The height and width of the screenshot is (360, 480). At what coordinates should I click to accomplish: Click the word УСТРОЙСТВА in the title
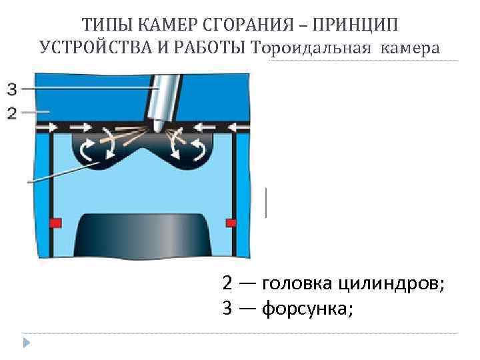(x=100, y=48)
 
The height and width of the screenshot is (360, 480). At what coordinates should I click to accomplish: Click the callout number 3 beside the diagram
(x=12, y=87)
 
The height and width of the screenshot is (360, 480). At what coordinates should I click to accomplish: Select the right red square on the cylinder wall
(x=231, y=221)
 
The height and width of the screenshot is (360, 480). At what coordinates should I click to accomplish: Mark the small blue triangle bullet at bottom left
(x=27, y=343)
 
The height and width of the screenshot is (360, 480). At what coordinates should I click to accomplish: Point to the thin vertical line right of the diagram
(x=267, y=202)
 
